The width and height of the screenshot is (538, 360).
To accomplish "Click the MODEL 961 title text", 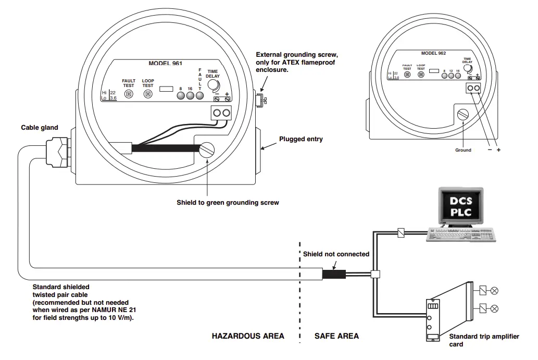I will [166, 63].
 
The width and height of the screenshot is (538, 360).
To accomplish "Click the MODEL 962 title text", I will [433, 53].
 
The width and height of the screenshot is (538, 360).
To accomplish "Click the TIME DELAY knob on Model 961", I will [214, 86].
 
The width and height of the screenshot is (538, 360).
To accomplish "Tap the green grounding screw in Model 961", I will [207, 150].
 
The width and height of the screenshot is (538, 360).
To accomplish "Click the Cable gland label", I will [40, 127].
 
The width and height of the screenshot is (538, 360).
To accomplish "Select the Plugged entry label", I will [301, 139].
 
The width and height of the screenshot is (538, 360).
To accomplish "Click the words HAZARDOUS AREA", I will [248, 336].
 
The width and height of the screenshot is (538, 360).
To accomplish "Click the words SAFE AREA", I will [336, 336].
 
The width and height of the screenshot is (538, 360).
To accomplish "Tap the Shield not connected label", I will [336, 254].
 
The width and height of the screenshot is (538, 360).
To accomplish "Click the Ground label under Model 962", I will [462, 150].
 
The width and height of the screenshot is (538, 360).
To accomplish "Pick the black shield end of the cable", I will [333, 274].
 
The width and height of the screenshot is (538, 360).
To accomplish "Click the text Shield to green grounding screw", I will [228, 202].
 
